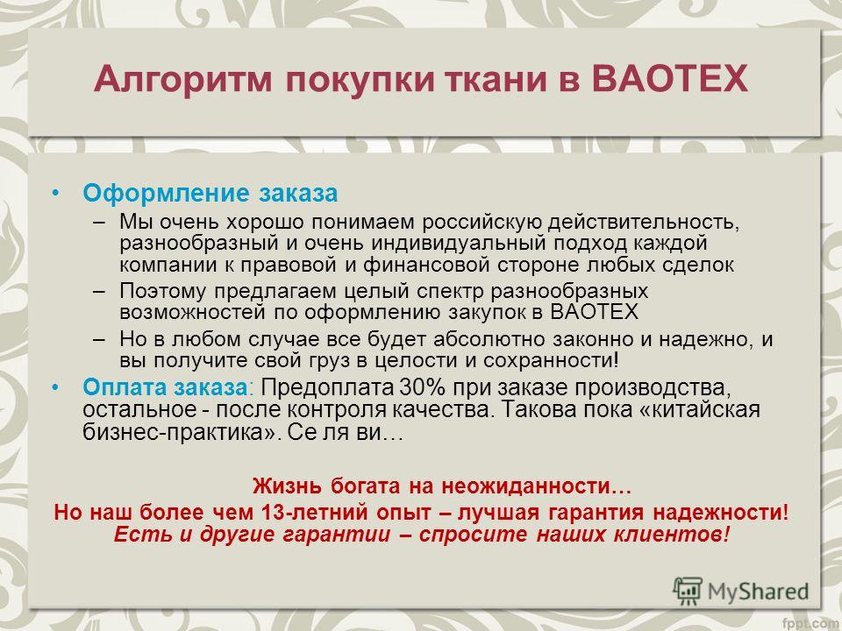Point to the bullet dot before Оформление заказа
click(x=55, y=193)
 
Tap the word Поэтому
click(x=163, y=291)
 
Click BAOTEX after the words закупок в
click(x=595, y=312)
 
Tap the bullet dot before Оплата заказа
click(x=55, y=386)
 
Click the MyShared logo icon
click(x=688, y=591)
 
